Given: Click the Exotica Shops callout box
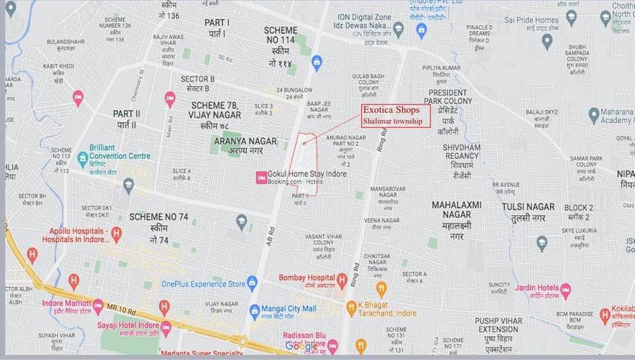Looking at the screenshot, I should tap(395, 115).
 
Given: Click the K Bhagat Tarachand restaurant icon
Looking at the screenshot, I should tap(351, 308).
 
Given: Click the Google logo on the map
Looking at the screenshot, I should tap(301, 345).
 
